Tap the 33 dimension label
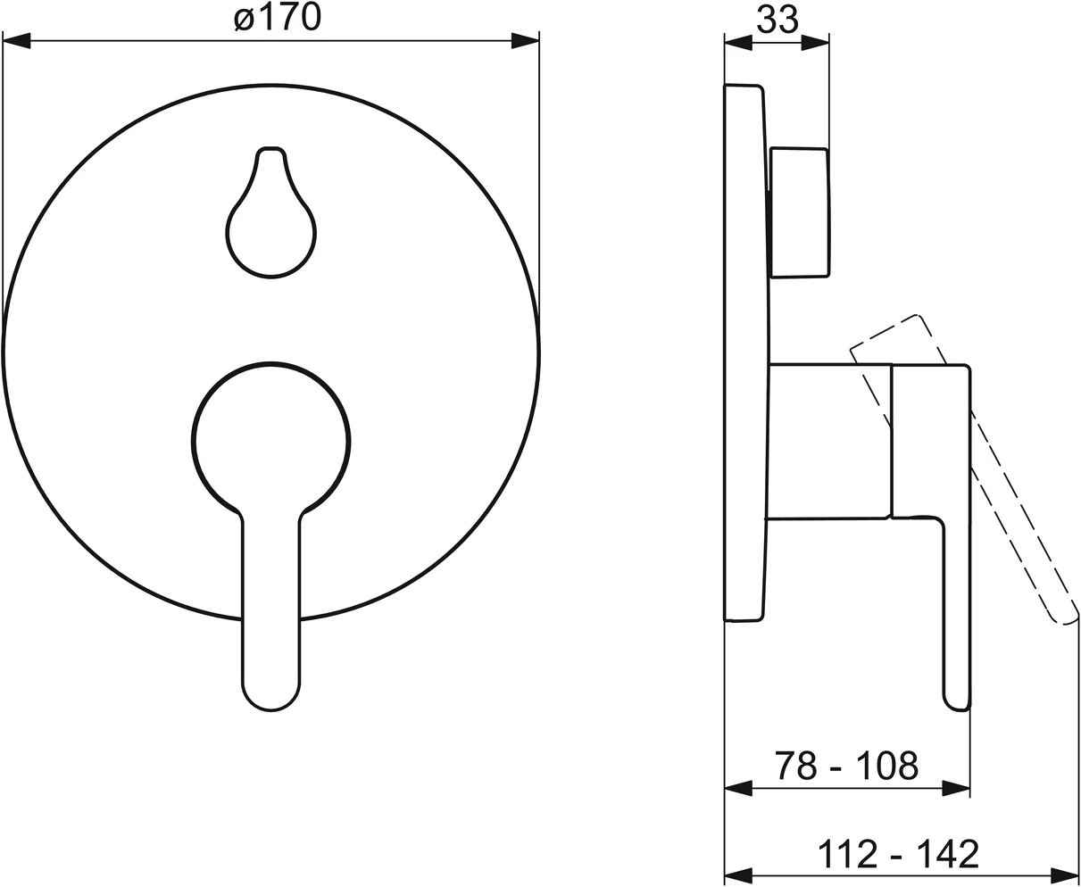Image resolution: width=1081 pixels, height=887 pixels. point(777,19)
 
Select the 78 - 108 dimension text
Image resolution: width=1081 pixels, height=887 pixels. point(846,766)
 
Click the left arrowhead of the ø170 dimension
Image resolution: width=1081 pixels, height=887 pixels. point(16,41)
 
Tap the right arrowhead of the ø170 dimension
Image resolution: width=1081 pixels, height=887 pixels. point(526,41)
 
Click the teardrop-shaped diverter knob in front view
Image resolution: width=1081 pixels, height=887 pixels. point(271,212)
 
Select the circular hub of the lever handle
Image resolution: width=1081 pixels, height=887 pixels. point(271,440)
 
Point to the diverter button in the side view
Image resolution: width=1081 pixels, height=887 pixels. point(799,212)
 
